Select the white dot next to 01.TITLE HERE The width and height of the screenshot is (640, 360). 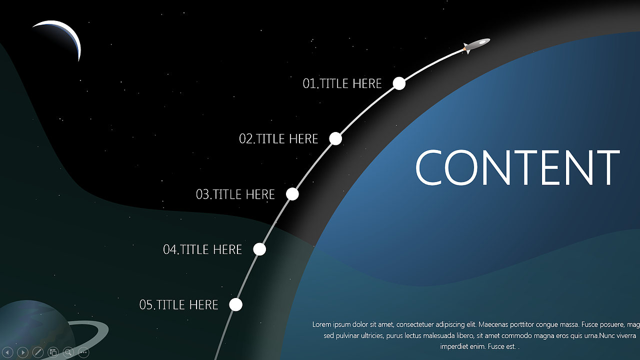(x=399, y=83)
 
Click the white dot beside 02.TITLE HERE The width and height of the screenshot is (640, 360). (x=335, y=138)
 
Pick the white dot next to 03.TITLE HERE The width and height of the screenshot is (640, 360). (x=292, y=194)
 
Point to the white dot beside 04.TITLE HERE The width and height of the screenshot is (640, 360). (x=259, y=249)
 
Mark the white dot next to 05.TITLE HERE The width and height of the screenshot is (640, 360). (x=235, y=304)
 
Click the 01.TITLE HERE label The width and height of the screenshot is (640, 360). (x=342, y=83)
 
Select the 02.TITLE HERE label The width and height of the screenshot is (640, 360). (x=278, y=139)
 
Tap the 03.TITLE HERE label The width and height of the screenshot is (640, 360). (x=235, y=194)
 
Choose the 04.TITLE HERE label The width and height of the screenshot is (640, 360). (x=202, y=249)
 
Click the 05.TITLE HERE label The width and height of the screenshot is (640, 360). (x=178, y=305)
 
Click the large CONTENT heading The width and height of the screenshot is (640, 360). (x=517, y=167)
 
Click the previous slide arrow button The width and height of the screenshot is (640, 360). (x=7, y=352)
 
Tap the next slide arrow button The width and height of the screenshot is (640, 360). (x=23, y=352)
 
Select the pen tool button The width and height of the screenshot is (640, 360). (x=38, y=352)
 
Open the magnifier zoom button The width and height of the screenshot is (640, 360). (x=68, y=352)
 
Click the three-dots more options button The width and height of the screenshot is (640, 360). (x=83, y=352)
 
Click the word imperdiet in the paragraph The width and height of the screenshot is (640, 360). (x=454, y=347)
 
